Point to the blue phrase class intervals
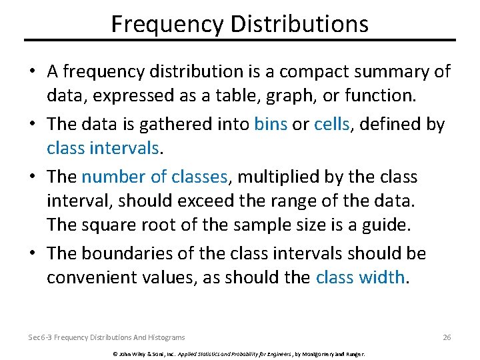pos(103,147)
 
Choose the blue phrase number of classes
pos(155,177)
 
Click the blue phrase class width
pos(360,277)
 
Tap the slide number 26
pos(447,337)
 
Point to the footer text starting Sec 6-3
pos(107,337)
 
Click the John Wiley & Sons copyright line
pos(239,354)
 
